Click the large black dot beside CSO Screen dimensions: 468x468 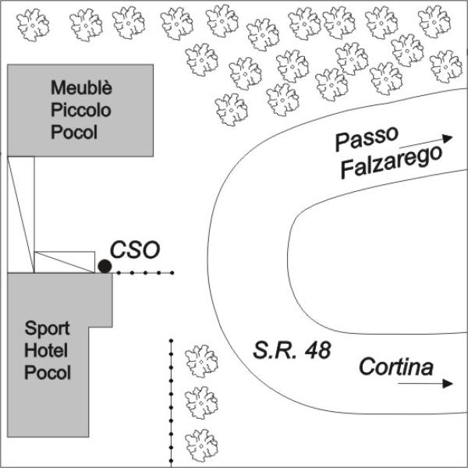(105, 266)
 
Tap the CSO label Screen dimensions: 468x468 (135, 250)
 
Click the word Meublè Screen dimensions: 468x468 (81, 87)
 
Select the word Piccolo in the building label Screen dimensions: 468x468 (81, 110)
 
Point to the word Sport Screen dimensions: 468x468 (47, 328)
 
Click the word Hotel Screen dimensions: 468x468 (46, 350)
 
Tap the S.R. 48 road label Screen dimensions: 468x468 (292, 349)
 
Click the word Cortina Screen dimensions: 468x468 (396, 367)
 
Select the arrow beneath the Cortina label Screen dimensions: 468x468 (426, 384)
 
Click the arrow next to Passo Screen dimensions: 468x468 (426, 142)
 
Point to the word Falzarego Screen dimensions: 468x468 (392, 161)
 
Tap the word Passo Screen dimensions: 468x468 (367, 139)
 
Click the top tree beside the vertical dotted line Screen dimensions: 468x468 (201, 361)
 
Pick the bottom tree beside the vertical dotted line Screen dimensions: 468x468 (201, 445)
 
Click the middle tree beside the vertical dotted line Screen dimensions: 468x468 (201, 402)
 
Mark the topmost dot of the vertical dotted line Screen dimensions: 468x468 (171, 341)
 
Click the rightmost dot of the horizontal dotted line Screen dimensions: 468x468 (172, 272)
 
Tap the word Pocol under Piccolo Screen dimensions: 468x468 (74, 132)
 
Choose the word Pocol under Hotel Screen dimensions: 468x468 (48, 373)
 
